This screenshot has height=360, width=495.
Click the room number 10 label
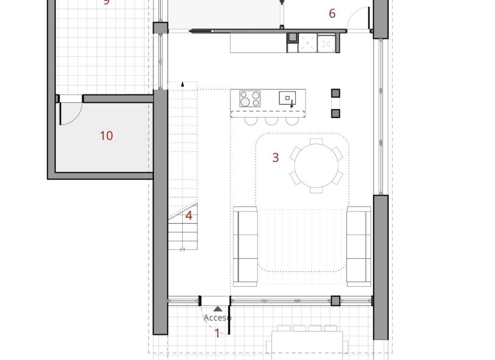pyautogui.click(x=106, y=136)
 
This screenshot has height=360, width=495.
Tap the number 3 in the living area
pyautogui.click(x=275, y=157)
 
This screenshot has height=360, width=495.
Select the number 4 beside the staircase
pyautogui.click(x=189, y=215)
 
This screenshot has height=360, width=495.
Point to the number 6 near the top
pyautogui.click(x=332, y=13)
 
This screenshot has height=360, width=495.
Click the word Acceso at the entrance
pyautogui.click(x=217, y=318)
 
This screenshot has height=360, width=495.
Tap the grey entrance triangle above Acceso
pyautogui.click(x=218, y=309)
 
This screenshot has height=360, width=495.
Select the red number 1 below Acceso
pyautogui.click(x=218, y=333)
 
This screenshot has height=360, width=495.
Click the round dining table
pyautogui.click(x=316, y=165)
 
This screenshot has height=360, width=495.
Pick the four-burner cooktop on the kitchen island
pyautogui.click(x=250, y=98)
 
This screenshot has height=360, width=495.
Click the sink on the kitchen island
pyautogui.click(x=287, y=98)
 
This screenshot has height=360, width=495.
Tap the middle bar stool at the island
pyautogui.click(x=272, y=120)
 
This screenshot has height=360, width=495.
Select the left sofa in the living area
pyautogui.click(x=245, y=245)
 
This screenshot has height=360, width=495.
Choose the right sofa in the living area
pyautogui.click(x=359, y=245)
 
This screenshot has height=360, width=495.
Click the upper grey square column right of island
pyautogui.click(x=336, y=93)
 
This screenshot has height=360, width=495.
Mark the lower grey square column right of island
pyautogui.click(x=336, y=113)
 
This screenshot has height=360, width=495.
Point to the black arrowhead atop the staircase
pyautogui.click(x=182, y=84)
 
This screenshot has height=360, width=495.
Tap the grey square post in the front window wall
pyautogui.click(x=335, y=301)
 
